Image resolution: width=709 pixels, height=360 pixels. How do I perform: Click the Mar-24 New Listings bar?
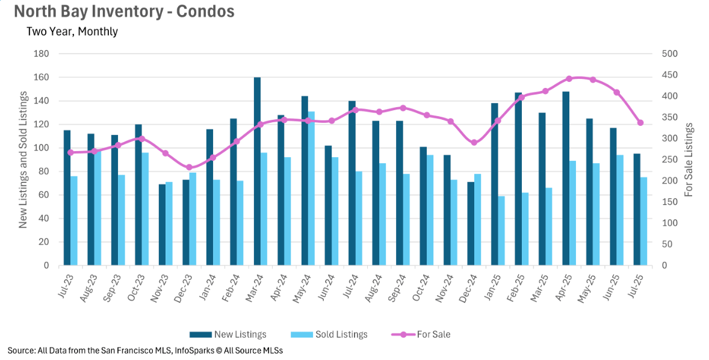tap(257, 172)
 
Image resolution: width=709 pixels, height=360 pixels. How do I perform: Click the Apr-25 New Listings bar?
tap(566, 178)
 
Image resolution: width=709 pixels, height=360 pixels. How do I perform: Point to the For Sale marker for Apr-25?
tap(569, 79)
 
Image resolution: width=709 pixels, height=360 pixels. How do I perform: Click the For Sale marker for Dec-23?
tap(189, 167)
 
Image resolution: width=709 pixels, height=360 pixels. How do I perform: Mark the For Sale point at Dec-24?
tap(474, 143)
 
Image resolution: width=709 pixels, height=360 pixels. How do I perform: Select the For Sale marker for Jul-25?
tap(640, 123)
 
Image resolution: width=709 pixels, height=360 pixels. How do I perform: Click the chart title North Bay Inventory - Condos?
tap(124, 11)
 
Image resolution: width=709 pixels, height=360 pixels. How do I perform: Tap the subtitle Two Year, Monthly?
tap(72, 31)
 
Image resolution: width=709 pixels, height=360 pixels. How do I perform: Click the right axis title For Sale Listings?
tap(690, 160)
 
